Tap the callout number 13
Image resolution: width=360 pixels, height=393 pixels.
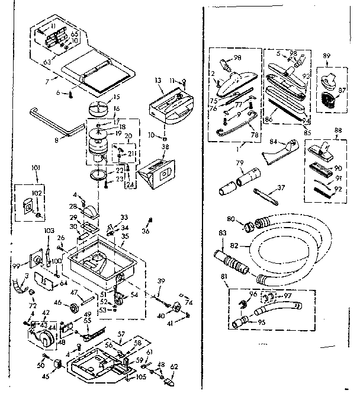point(158,80)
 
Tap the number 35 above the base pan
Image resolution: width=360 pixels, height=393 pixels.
point(124,236)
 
